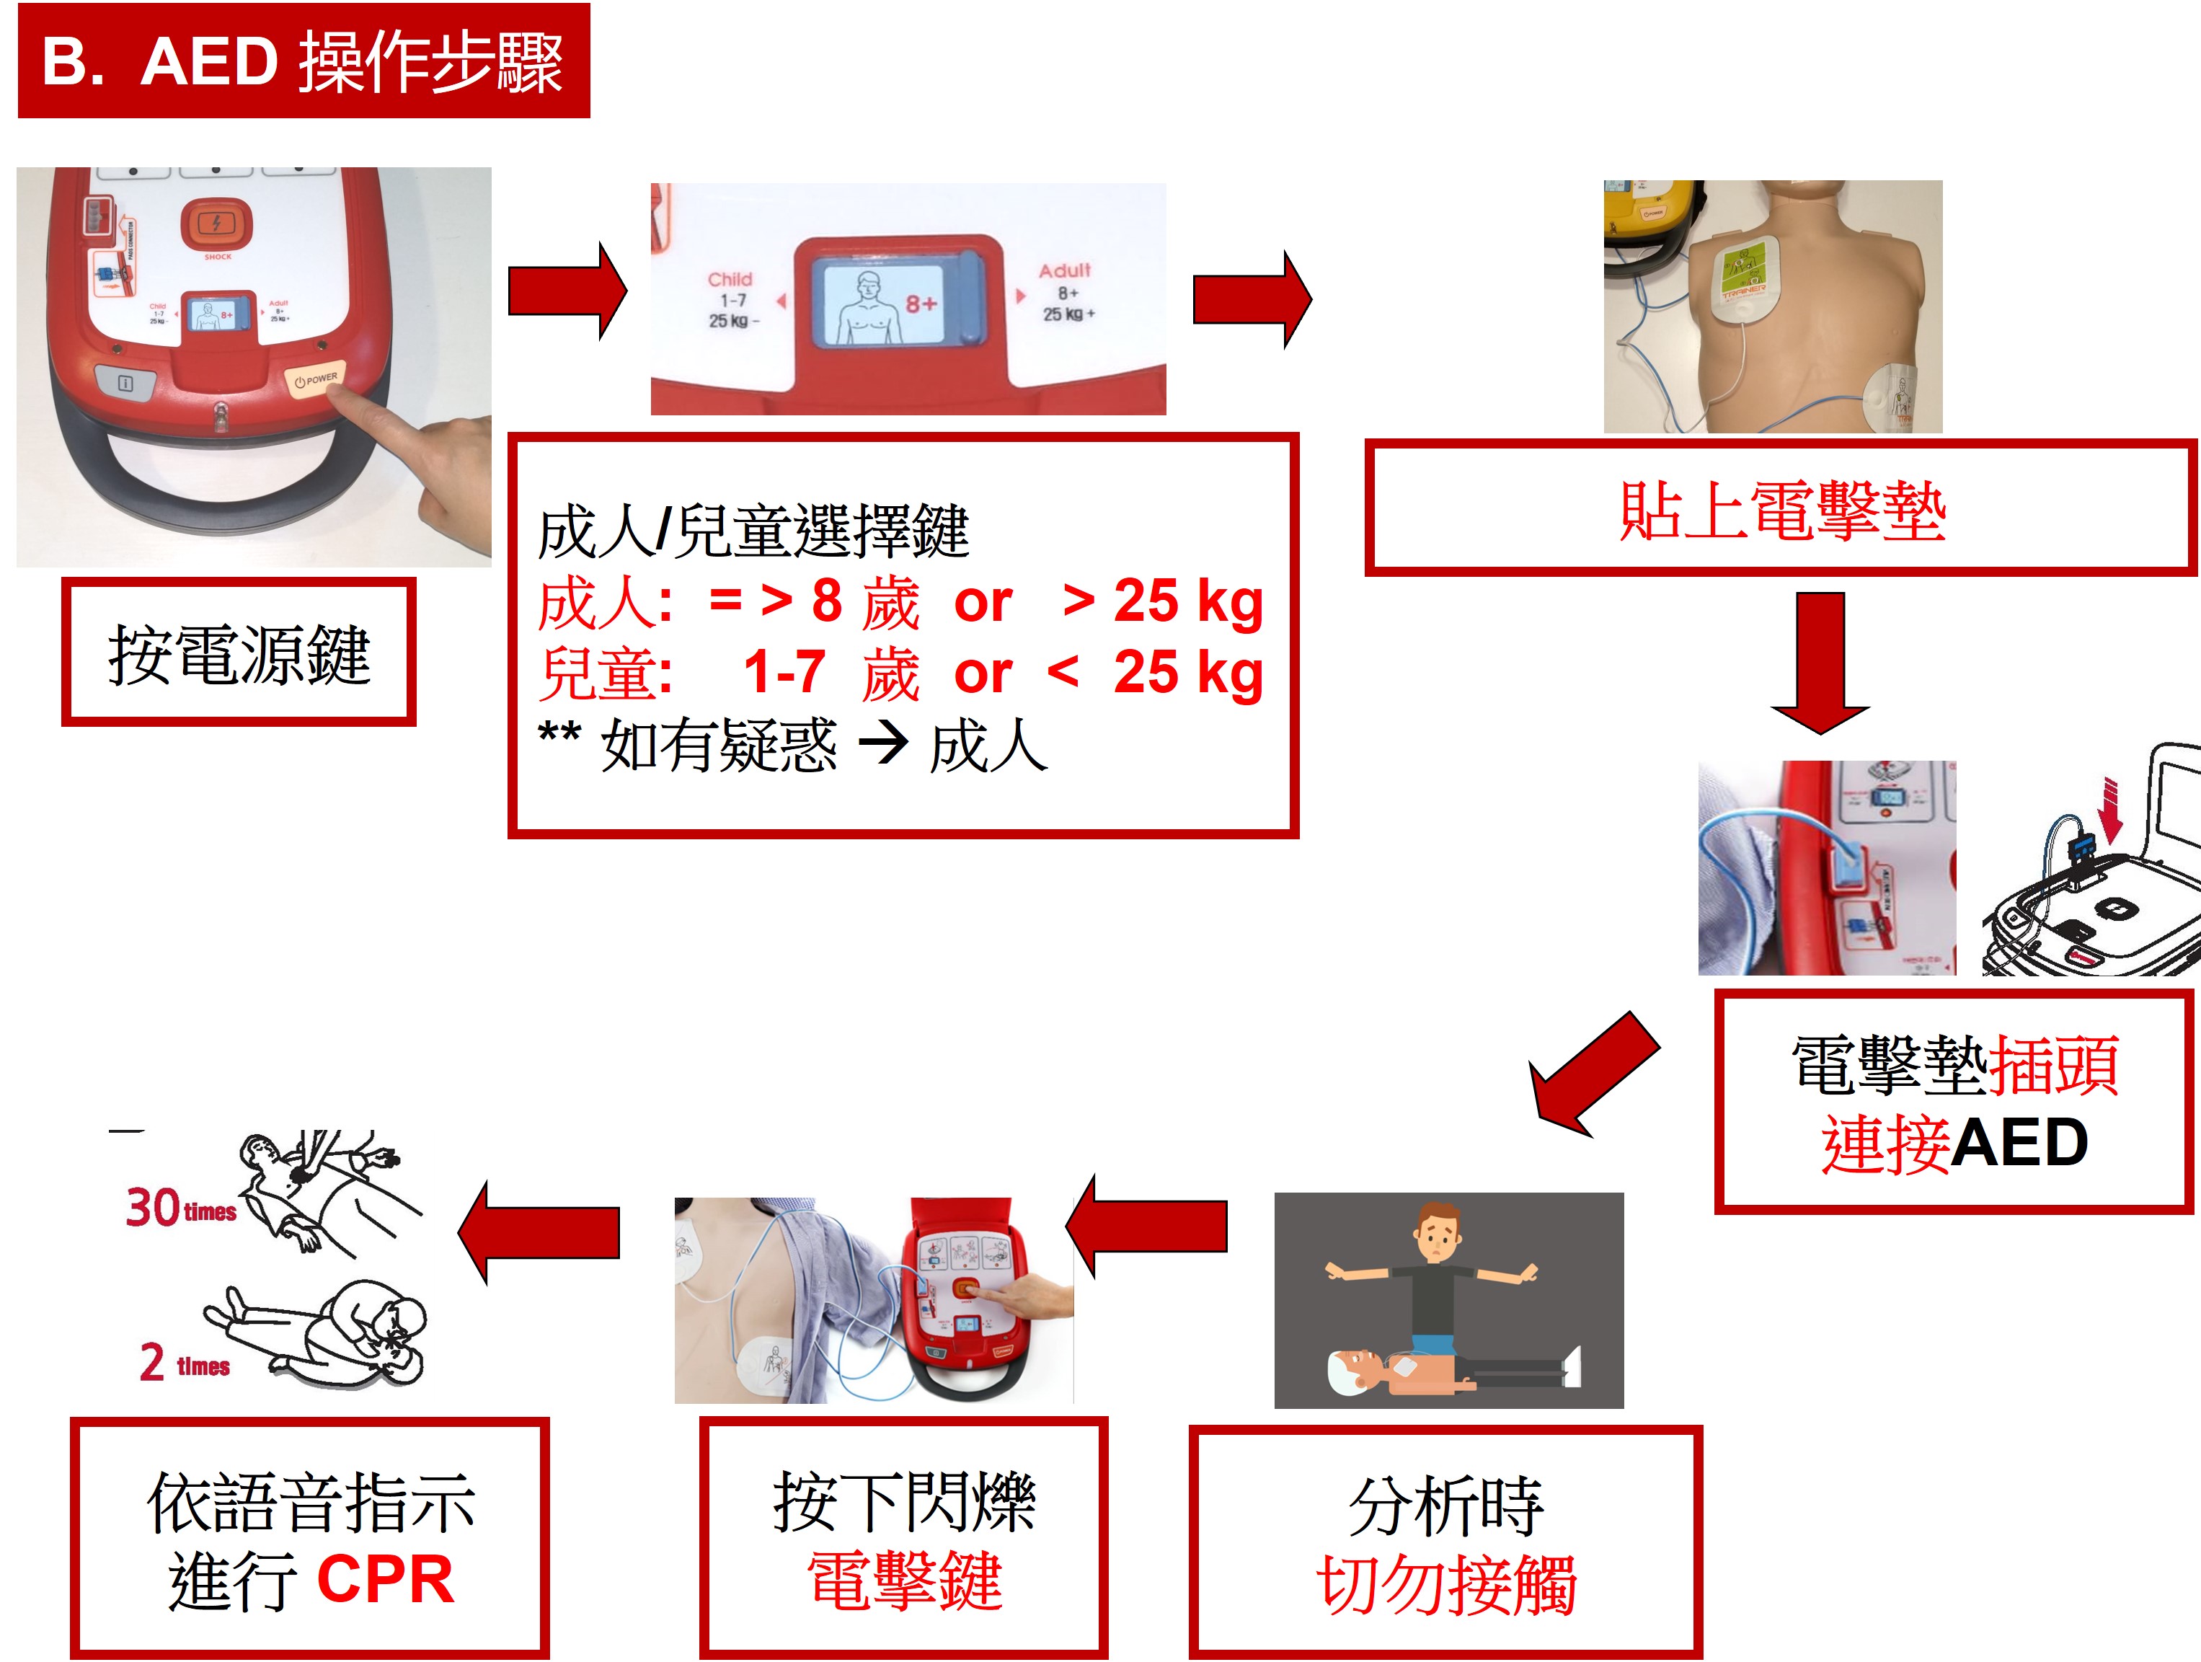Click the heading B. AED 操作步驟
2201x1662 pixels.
(304, 62)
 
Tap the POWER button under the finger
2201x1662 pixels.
(316, 379)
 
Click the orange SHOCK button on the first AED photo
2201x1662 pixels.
(217, 224)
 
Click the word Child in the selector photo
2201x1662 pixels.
(730, 280)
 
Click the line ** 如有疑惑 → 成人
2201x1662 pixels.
(792, 746)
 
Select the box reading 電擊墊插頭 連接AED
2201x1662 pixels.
(1953, 1102)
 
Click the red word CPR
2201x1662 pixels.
(386, 1579)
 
